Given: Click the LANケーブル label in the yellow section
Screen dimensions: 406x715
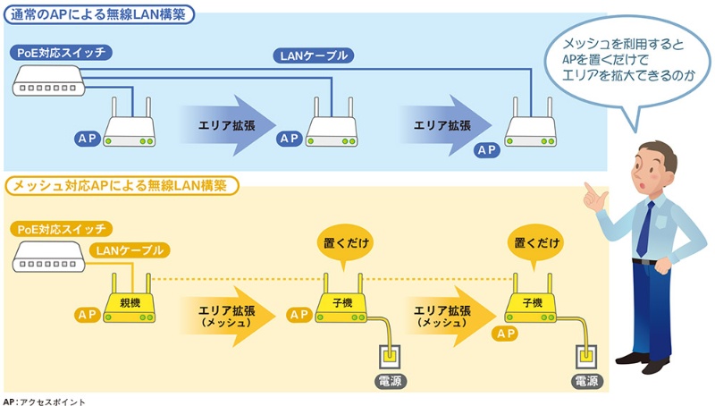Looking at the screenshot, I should tap(130, 250).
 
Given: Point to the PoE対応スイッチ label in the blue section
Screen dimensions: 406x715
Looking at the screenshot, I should tap(62, 53).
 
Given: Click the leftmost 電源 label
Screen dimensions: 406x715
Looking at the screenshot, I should tap(391, 379).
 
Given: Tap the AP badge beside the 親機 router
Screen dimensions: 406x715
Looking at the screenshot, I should tap(88, 315).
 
